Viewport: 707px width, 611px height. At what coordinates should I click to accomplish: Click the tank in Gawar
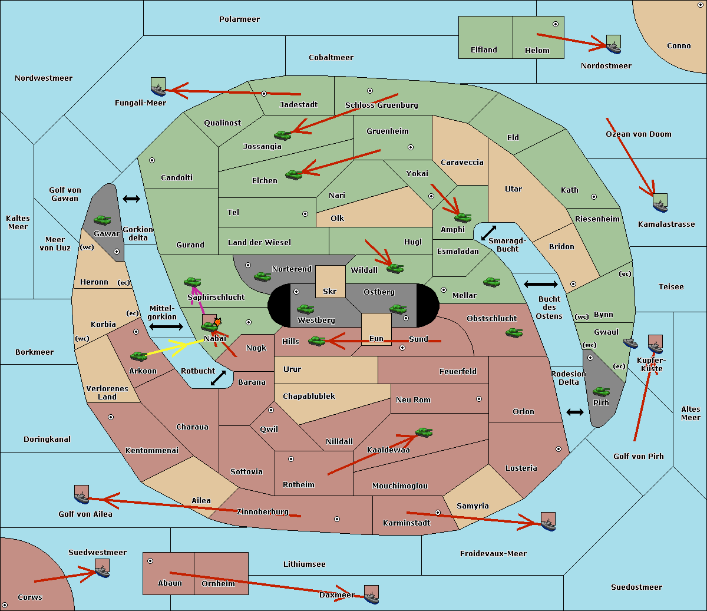click(103, 220)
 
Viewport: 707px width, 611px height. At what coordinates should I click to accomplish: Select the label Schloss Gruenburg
click(382, 105)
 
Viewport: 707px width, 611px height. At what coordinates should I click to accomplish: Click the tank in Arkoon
click(139, 356)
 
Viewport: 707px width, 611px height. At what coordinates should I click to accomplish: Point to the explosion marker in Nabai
click(217, 322)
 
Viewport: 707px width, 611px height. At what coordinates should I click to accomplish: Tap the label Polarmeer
click(239, 19)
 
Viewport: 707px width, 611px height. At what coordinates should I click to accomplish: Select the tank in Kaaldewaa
click(424, 432)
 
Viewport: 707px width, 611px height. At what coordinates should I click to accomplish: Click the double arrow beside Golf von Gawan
click(131, 199)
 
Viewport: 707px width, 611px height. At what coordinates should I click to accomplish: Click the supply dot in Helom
click(556, 24)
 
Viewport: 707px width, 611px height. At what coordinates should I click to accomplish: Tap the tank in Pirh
click(601, 391)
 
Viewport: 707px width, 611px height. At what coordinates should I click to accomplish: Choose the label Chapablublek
click(309, 396)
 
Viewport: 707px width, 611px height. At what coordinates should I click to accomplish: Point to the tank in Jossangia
click(283, 135)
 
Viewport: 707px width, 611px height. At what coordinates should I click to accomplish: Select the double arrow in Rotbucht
click(218, 378)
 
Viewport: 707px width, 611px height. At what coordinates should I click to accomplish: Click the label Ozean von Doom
click(639, 134)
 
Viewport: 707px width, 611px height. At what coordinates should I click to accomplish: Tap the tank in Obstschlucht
click(514, 332)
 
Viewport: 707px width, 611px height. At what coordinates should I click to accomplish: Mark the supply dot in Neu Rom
click(479, 399)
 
